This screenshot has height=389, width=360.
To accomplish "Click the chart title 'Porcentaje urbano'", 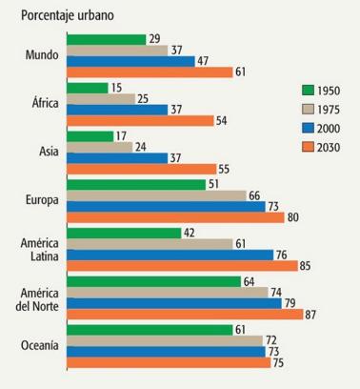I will point(61,14).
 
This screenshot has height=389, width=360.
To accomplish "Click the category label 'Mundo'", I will point(42,55).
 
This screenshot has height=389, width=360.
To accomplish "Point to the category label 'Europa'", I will point(41,200).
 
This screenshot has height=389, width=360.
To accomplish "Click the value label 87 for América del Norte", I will point(310,315).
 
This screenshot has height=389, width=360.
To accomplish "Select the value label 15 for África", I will point(116,87).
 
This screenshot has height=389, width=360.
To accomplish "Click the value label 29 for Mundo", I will point(154,38).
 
